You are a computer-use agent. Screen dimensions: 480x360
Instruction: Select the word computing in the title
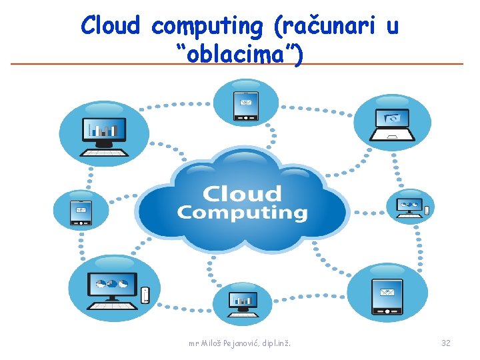[207, 27]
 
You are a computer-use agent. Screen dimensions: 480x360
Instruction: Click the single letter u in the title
[392, 27]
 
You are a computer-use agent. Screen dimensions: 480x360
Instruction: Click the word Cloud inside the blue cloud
[241, 194]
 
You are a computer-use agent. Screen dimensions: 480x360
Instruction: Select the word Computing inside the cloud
[241, 213]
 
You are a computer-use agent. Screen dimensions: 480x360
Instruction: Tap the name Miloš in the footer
[213, 343]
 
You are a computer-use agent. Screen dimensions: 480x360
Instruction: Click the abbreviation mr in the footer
[193, 343]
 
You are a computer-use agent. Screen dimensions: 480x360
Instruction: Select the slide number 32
[445, 343]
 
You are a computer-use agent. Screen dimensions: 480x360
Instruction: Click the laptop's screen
[391, 118]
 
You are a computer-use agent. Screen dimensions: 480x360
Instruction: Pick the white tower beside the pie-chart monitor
[145, 295]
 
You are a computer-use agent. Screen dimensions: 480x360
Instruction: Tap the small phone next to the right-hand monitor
[427, 211]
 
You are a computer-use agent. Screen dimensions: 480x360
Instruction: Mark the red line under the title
[237, 64]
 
